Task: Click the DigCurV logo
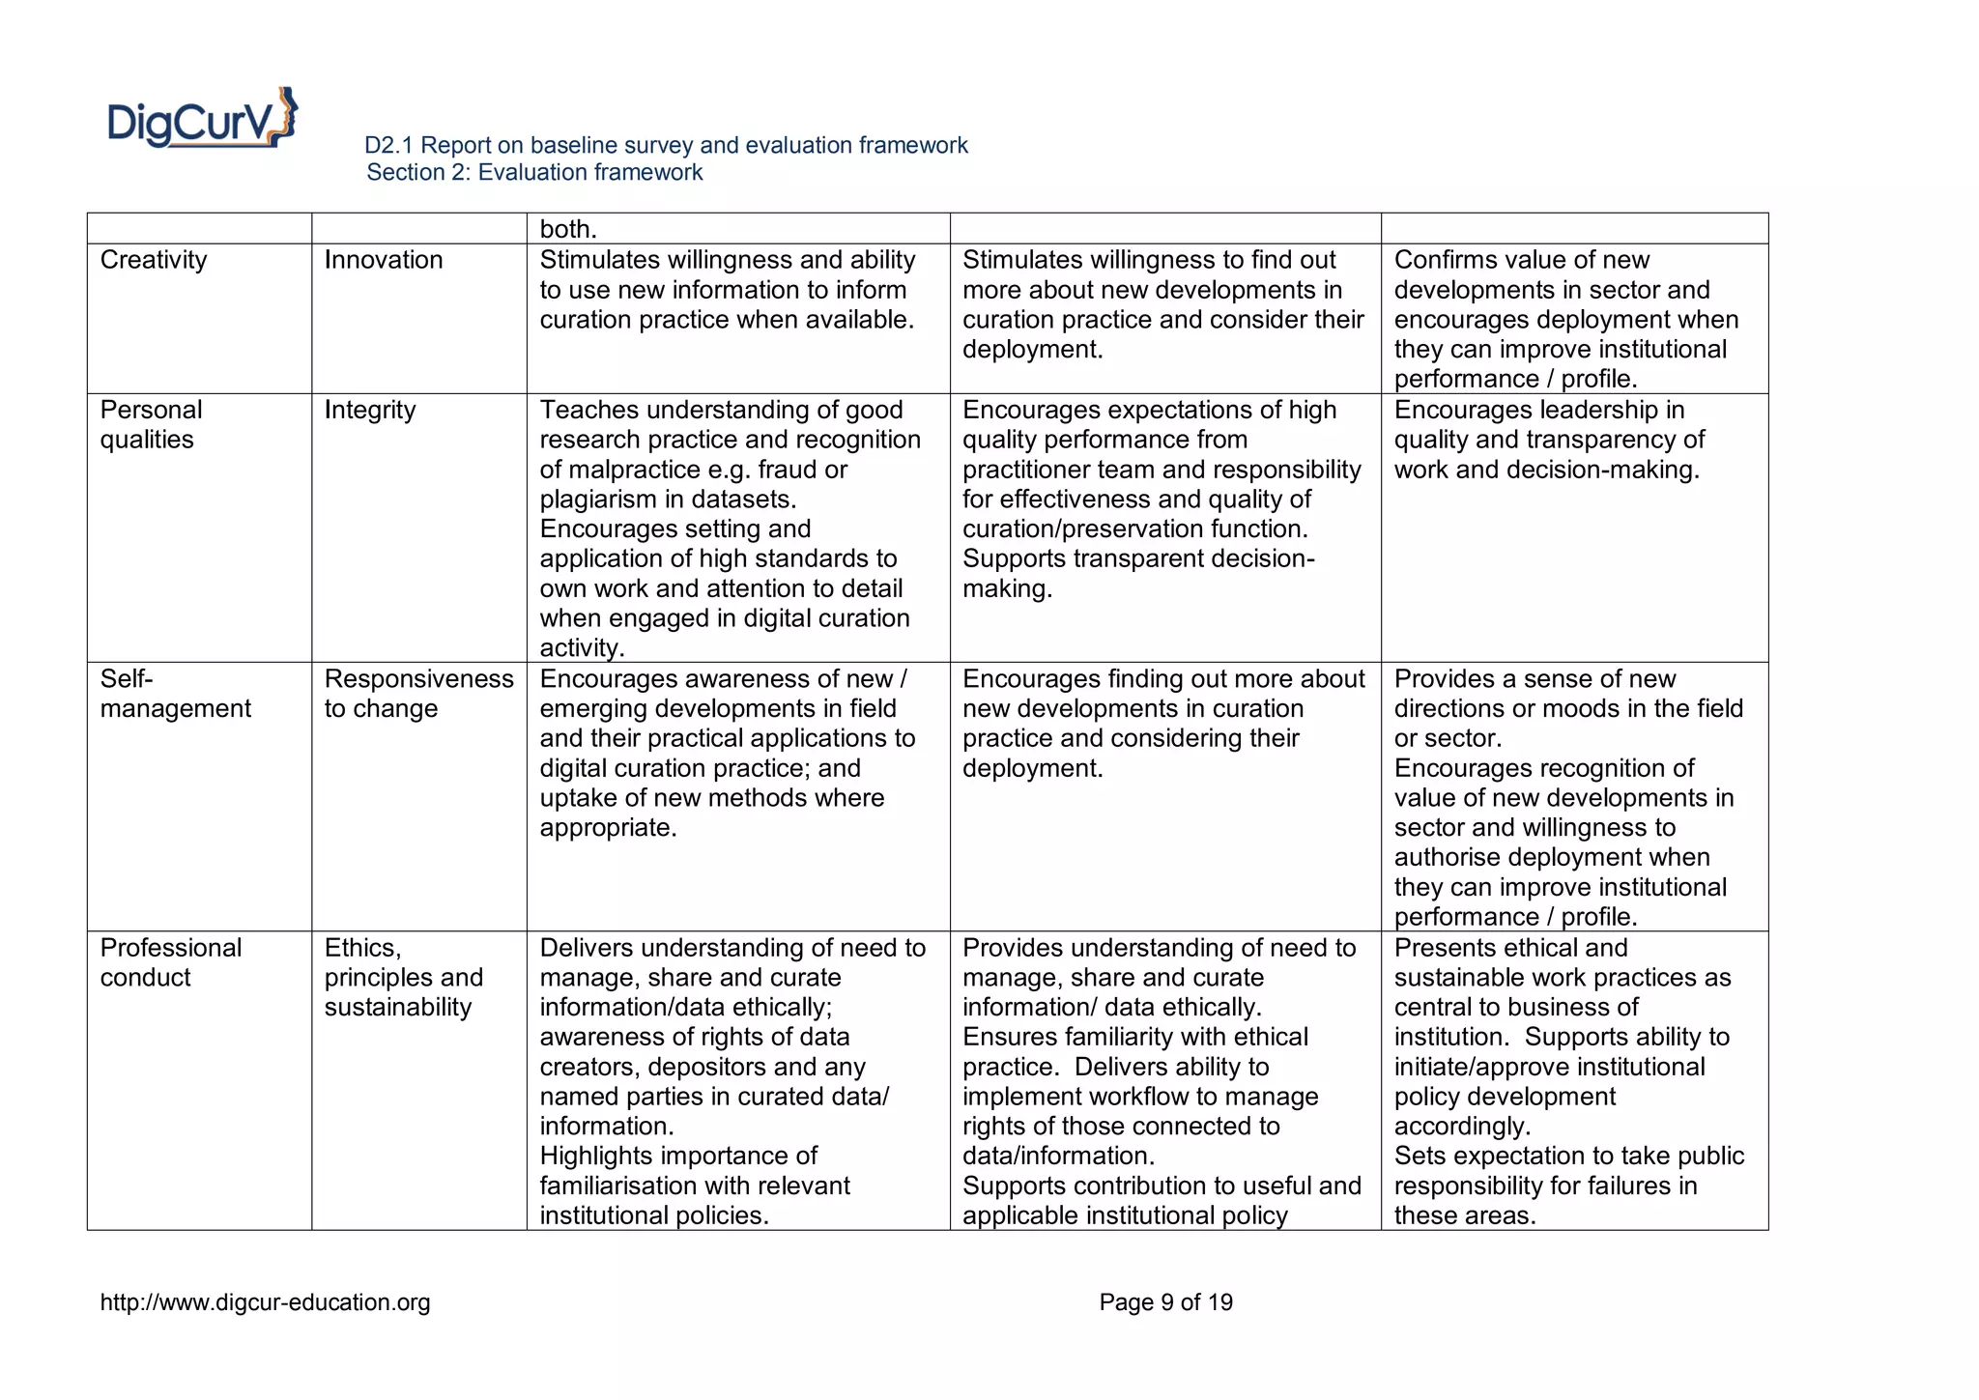202,119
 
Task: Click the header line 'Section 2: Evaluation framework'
534,173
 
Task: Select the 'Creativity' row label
154,260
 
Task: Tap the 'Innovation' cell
384,260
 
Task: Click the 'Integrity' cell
370,410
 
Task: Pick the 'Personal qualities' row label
151,424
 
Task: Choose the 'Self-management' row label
175,694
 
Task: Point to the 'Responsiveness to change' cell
418,694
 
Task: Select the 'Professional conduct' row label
170,962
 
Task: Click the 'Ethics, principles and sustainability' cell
403,977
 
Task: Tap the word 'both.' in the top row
568,230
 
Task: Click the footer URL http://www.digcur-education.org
266,1302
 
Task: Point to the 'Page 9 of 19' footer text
1165,1302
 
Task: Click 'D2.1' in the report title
388,146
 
